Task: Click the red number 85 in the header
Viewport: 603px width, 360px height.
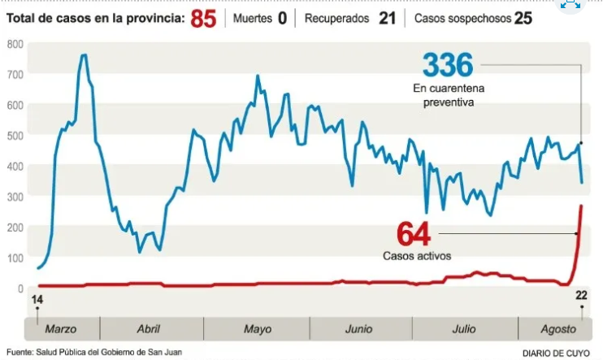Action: coord(203,17)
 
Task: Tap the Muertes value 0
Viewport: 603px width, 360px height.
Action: coord(282,17)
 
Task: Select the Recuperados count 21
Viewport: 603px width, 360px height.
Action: coord(387,17)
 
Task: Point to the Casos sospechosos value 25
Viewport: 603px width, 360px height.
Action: coord(523,17)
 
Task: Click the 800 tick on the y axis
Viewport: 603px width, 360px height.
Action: coord(15,44)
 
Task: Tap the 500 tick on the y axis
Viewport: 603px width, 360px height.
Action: coord(15,136)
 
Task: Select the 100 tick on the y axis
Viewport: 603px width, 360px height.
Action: coord(15,258)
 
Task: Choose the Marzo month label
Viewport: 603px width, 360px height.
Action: coord(61,329)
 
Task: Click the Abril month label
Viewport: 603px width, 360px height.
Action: coord(149,329)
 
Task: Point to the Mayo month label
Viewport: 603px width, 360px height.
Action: coord(257,329)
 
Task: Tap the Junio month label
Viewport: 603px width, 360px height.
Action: coord(358,329)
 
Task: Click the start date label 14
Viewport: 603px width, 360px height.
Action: coord(37,300)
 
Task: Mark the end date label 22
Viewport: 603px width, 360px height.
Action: coord(581,294)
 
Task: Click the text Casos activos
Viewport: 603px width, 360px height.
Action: coord(417,255)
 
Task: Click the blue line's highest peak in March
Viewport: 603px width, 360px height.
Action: coord(84,55)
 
